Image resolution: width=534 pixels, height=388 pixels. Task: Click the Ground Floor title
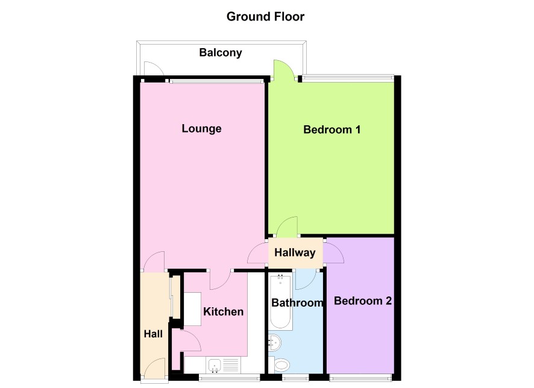(265, 16)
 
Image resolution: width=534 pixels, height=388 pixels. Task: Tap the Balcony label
(221, 53)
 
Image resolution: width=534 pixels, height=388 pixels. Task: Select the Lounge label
(201, 129)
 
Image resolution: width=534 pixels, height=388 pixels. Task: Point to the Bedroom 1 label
(331, 130)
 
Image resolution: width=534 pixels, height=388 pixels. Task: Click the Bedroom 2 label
(363, 301)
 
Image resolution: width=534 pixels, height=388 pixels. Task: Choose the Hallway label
(295, 252)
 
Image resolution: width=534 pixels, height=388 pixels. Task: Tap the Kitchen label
(223, 311)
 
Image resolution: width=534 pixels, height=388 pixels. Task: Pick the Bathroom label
(297, 302)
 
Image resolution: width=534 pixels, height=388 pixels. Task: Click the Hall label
(153, 334)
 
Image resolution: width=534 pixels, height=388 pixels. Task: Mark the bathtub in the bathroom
(281, 302)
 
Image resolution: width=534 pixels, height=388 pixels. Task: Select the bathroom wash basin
(274, 342)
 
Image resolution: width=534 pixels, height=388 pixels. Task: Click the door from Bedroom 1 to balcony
(283, 70)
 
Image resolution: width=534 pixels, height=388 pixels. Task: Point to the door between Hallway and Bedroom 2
(334, 252)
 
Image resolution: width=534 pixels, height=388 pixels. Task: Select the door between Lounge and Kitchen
(221, 280)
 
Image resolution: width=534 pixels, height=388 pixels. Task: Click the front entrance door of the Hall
(155, 368)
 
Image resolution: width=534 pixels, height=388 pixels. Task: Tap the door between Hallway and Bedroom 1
(287, 227)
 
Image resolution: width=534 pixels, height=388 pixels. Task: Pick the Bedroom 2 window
(360, 377)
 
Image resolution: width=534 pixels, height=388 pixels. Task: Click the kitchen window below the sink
(229, 377)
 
